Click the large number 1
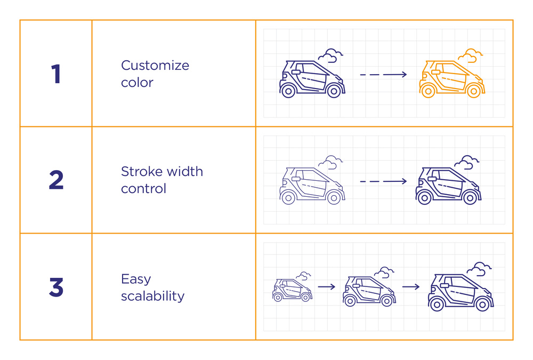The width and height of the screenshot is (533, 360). [56, 74]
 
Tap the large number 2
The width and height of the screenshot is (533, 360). [56, 180]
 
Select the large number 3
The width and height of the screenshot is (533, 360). [56, 287]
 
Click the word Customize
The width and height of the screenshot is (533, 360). [155, 65]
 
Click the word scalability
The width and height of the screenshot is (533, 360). [152, 296]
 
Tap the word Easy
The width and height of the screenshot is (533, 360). [136, 279]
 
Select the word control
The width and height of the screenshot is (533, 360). [143, 188]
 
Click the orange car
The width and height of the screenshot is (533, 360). [452, 79]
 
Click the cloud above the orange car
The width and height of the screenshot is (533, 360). [470, 55]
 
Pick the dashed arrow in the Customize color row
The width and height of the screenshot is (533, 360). [383, 75]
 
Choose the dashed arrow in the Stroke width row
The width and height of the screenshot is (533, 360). [383, 181]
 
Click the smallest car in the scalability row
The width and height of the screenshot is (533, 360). [292, 290]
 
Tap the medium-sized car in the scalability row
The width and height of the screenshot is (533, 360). [369, 291]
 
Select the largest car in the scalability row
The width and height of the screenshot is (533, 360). [461, 292]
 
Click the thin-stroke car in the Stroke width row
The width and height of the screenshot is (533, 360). [312, 186]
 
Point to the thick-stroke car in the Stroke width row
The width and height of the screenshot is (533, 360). [448, 186]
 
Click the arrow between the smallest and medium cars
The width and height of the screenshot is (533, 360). [327, 287]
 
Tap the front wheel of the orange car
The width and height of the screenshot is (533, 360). [473, 91]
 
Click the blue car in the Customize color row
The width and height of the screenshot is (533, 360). [312, 79]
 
